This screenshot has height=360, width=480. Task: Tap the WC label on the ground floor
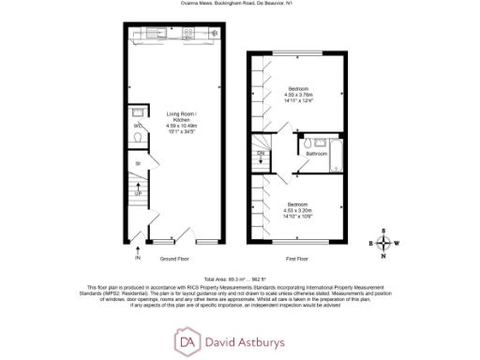[x=137, y=125]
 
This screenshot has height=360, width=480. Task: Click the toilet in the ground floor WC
[x=138, y=139]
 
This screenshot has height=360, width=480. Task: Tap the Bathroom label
[x=316, y=154]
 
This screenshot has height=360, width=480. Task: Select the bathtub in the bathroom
[x=335, y=147]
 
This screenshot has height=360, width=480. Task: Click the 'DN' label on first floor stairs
[x=260, y=152]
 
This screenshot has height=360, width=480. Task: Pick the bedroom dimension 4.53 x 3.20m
[x=298, y=209]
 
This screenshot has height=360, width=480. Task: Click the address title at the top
[x=239, y=4]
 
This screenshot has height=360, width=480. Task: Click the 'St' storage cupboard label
[x=137, y=164]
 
